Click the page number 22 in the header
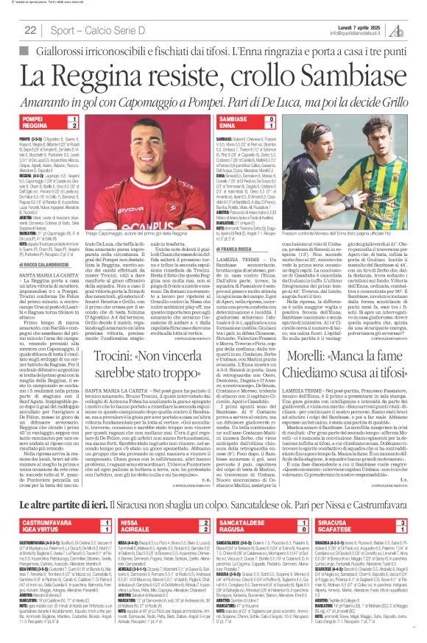pos(31,29)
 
